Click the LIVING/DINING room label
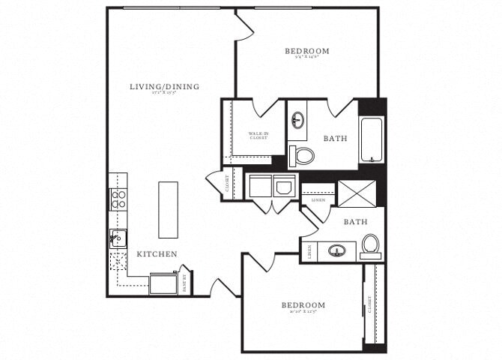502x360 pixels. coord(164,87)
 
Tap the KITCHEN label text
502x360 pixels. coord(157,254)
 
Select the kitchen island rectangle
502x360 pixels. coord(168,209)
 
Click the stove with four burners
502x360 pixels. coord(118,199)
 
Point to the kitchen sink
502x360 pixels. coord(118,238)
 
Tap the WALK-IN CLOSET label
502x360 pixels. coord(258,136)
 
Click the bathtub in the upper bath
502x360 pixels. coord(371,140)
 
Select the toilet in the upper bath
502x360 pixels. coord(303,156)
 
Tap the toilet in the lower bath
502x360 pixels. coord(370,245)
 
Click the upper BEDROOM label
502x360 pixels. coord(306,52)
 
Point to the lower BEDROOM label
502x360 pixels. coord(303,305)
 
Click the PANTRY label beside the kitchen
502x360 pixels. coord(185,283)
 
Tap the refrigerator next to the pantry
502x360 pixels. coord(163,284)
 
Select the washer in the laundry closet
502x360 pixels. coord(258,187)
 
